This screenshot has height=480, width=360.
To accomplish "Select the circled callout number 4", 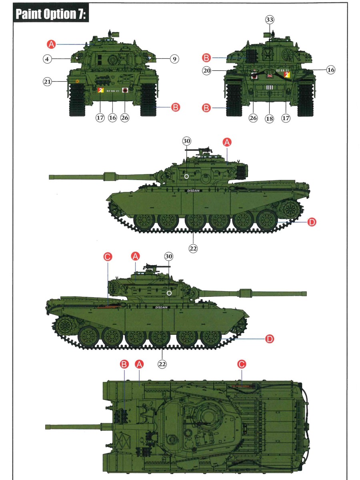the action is [47, 59].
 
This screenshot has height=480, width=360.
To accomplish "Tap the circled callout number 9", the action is [174, 59].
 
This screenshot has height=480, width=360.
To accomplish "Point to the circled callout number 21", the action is [47, 82].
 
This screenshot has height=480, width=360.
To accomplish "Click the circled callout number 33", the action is [270, 20].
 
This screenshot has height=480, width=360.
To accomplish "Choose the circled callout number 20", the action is [206, 71].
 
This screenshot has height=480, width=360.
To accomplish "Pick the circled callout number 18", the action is [269, 118].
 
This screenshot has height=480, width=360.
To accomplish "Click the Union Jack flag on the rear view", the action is [270, 76].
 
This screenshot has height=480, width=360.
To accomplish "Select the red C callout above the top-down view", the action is [242, 364].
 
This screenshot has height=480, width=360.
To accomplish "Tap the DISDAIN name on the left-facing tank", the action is [194, 191].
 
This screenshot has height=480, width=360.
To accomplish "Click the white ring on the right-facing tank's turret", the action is [169, 293].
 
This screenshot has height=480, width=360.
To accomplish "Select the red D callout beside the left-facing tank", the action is [312, 222].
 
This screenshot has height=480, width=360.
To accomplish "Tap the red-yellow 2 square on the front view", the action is [100, 90].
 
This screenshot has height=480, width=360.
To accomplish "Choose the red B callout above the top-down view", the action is [124, 364].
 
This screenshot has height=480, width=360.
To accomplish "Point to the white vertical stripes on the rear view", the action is [270, 88].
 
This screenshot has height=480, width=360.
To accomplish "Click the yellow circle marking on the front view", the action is [77, 81].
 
